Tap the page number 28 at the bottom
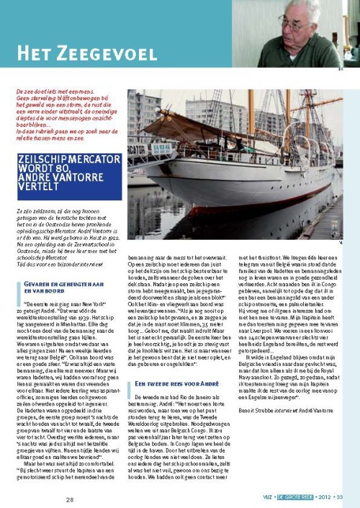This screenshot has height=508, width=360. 70,499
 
